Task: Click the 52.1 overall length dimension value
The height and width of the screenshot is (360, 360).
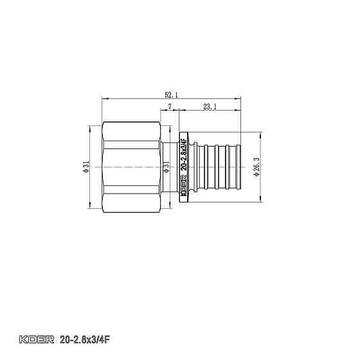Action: [x=171, y=95]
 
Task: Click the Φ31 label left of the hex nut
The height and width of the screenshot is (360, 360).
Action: [x=86, y=168]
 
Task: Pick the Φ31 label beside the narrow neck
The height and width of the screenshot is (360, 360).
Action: [x=166, y=168]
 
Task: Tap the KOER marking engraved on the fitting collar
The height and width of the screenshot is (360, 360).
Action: [x=183, y=192]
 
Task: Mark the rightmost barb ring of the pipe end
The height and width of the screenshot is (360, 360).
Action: [x=236, y=168]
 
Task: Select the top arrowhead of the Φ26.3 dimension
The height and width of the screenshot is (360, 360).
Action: [x=261, y=136]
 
